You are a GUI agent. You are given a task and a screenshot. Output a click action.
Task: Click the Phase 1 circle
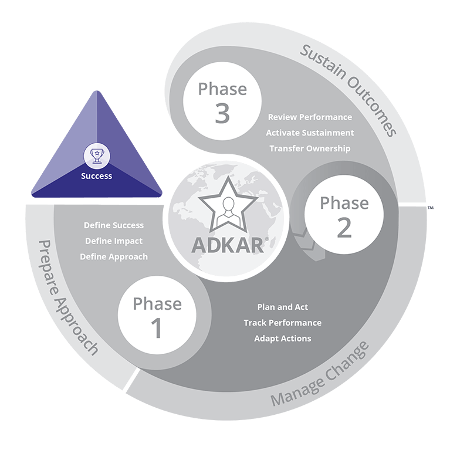point(157,317)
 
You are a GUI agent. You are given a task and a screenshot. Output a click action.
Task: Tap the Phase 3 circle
point(222,101)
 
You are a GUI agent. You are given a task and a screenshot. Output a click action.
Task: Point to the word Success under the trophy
point(97,175)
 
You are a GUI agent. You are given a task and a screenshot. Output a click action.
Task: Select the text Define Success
point(114,225)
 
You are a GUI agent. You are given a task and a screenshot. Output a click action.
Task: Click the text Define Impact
point(114,241)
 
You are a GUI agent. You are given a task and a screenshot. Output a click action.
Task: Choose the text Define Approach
point(114,256)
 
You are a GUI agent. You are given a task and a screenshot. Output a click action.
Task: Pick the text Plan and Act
point(283,307)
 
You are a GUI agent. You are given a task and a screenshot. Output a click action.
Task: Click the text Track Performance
point(283,323)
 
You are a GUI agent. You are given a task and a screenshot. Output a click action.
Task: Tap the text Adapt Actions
point(283,339)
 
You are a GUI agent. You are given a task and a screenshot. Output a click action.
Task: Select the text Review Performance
point(310,117)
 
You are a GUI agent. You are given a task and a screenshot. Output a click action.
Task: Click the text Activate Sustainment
point(310,133)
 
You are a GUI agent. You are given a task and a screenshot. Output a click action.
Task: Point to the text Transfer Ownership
point(310,148)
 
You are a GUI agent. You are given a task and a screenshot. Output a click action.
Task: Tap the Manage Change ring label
point(320,373)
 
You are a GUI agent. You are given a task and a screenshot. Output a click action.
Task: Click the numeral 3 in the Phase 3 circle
point(222,113)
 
